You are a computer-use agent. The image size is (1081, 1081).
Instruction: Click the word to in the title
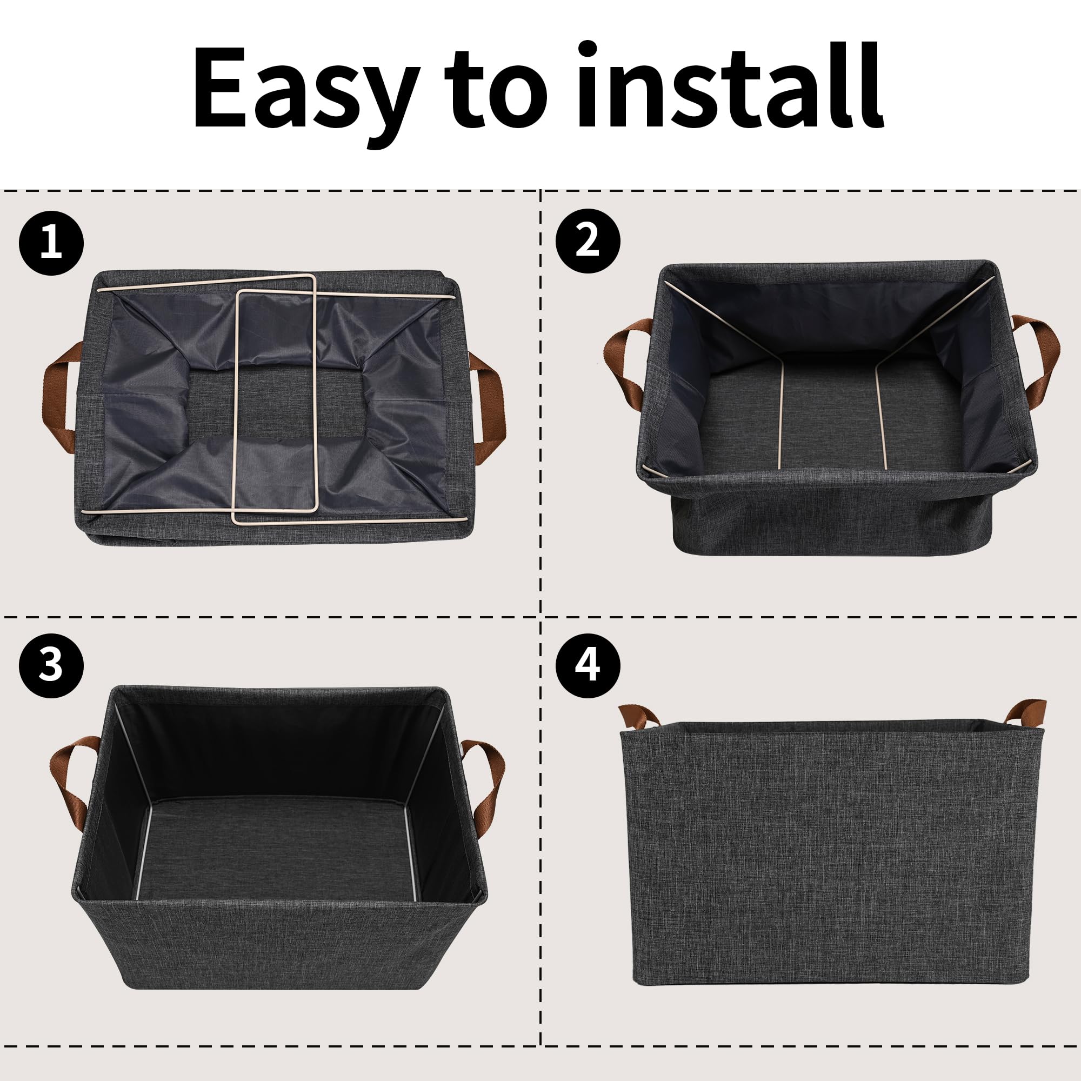click(495, 90)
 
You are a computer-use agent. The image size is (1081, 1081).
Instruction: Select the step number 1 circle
click(51, 243)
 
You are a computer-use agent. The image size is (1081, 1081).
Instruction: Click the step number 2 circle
click(588, 241)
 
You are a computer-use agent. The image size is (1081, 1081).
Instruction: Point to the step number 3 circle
click(51, 665)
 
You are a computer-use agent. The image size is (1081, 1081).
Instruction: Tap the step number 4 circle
click(588, 665)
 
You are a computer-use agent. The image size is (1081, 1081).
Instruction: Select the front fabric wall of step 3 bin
click(280, 945)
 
